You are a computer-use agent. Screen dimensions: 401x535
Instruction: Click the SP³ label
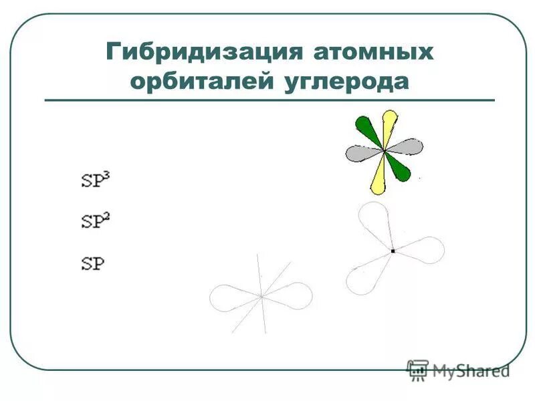[x=94, y=180]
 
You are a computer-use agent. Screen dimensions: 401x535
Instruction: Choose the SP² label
[x=94, y=221]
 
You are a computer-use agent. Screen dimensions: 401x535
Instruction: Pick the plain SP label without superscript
[x=92, y=263]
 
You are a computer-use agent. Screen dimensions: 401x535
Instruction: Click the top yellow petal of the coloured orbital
[x=388, y=126]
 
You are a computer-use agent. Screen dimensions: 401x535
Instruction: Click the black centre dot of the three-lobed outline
[x=393, y=251]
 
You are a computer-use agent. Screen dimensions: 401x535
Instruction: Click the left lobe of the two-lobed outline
[x=231, y=297]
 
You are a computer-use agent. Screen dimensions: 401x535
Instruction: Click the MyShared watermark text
[x=468, y=370]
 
